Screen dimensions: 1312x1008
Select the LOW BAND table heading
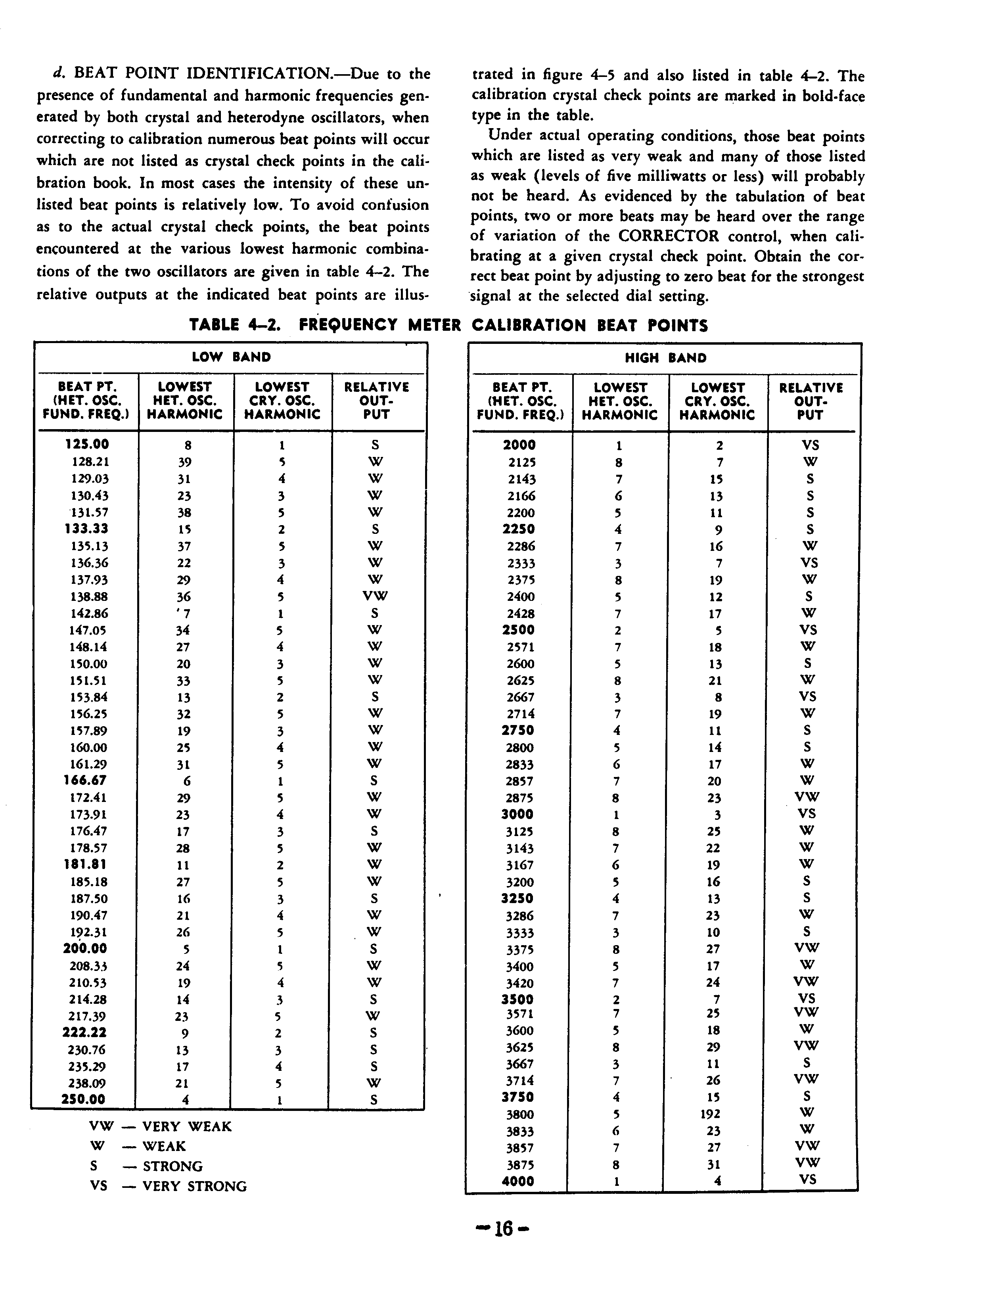pos(231,357)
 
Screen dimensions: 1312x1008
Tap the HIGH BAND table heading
pos(665,358)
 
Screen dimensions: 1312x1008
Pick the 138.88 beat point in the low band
pos(90,597)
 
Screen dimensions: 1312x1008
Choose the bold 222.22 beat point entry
pos(84,1032)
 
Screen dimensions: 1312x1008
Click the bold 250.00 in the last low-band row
pos(83,1099)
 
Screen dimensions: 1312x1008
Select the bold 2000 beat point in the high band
pos(519,445)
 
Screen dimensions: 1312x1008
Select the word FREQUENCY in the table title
pos(348,325)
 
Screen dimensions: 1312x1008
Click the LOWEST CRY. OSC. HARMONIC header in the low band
pos(282,400)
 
